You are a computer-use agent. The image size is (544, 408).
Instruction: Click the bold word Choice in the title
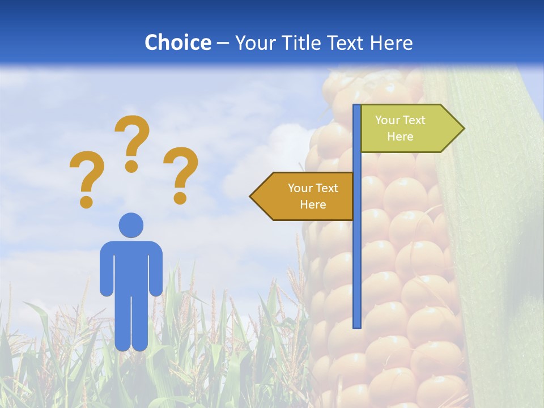[177, 42]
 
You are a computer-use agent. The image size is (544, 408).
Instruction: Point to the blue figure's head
[131, 225]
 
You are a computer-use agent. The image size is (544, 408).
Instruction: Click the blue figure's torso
[131, 266]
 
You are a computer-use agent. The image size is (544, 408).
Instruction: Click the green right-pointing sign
[408, 129]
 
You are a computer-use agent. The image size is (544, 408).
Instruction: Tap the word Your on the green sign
[387, 120]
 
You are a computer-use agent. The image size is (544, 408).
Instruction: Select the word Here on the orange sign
[313, 205]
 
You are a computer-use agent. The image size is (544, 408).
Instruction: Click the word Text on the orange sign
[327, 188]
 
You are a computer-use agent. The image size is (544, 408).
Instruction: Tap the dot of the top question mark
[131, 166]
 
